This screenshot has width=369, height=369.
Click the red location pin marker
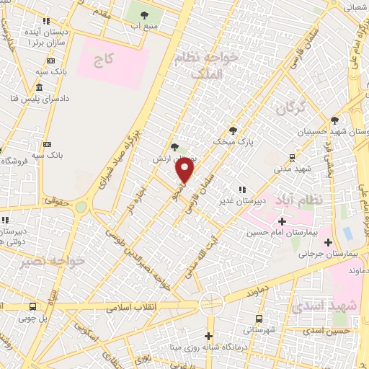(x=185, y=170)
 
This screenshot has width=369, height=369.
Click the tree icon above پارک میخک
(x=233, y=130)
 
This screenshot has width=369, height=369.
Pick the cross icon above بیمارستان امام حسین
(x=283, y=221)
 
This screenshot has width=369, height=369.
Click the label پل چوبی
(x=32, y=318)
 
